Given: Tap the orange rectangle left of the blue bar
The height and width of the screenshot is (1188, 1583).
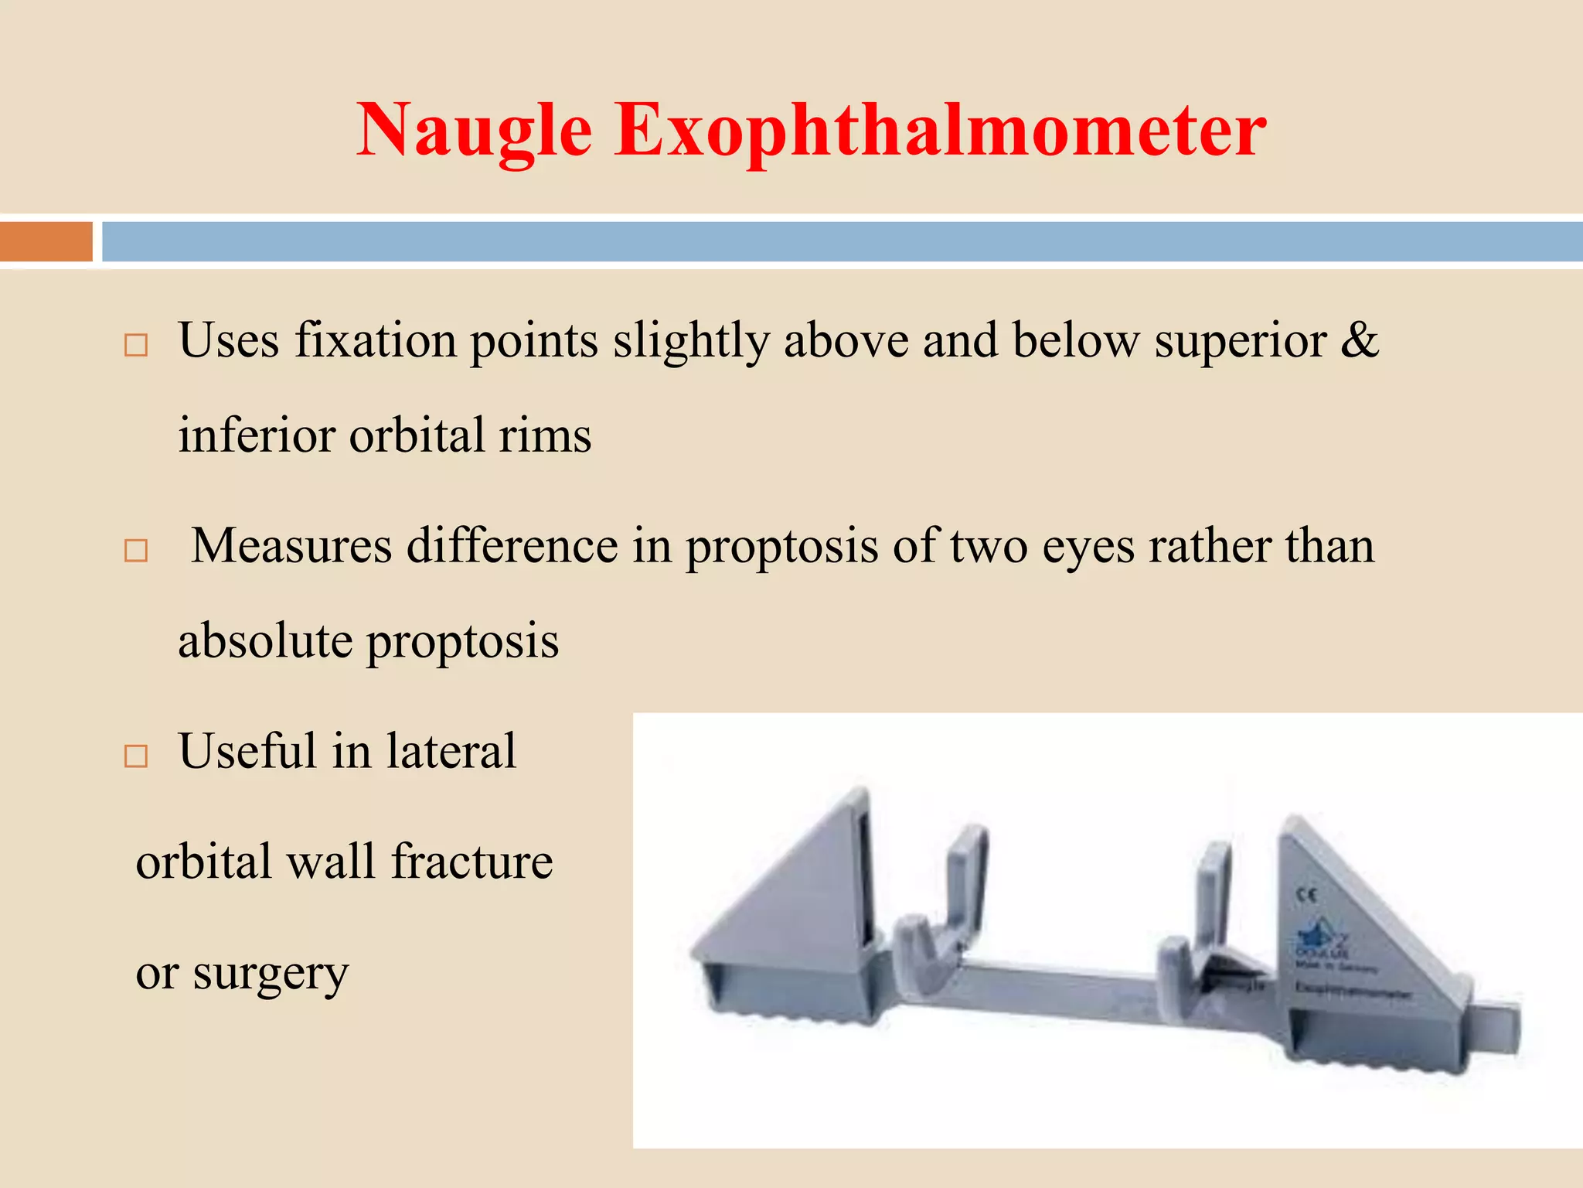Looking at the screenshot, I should pyautogui.click(x=46, y=241).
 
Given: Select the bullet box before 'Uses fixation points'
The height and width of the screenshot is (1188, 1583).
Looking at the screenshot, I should pyautogui.click(x=136, y=345).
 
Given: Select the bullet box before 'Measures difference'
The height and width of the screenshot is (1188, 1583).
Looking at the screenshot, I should pyautogui.click(x=136, y=551).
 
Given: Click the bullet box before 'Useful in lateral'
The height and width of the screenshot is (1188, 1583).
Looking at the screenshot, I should pyautogui.click(x=136, y=756).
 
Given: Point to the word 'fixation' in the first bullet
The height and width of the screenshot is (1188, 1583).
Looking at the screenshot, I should pyautogui.click(x=376, y=340).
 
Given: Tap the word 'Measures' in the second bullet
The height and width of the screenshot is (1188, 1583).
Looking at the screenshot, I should pyautogui.click(x=291, y=546).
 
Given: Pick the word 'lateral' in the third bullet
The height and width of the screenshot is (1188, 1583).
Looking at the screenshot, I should pyautogui.click(x=451, y=751).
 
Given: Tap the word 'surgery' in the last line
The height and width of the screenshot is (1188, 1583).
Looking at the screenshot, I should pyautogui.click(x=271, y=973).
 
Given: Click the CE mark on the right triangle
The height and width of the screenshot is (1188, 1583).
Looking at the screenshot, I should pyautogui.click(x=1306, y=896).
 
